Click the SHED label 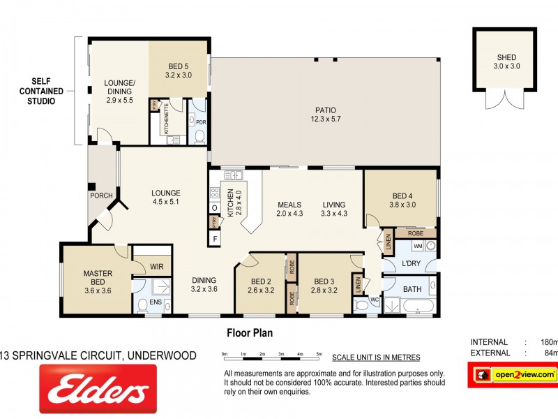507,57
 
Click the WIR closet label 156,265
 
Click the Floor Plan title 250,333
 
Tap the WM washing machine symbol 418,247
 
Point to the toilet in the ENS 143,304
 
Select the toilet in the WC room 361,305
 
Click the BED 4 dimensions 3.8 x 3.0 402,205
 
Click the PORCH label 101,196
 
